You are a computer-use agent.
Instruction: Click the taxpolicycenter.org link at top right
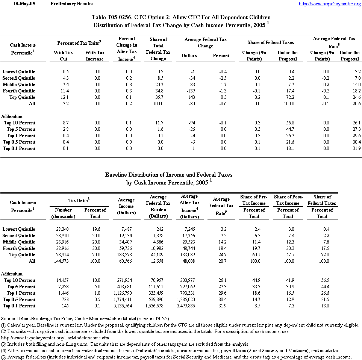tap(330, 4)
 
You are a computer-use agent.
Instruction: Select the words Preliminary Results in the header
tap(71, 4)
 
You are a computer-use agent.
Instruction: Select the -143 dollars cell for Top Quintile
tap(192, 97)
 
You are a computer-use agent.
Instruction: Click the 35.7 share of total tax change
tap(162, 97)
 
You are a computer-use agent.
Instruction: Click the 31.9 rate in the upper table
tap(355, 148)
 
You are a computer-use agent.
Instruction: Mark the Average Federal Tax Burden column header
tap(158, 207)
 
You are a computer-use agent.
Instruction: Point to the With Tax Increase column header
tap(95, 56)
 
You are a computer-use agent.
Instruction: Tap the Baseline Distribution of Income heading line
tap(169, 175)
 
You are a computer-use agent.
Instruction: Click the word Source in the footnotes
tap(9, 319)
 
